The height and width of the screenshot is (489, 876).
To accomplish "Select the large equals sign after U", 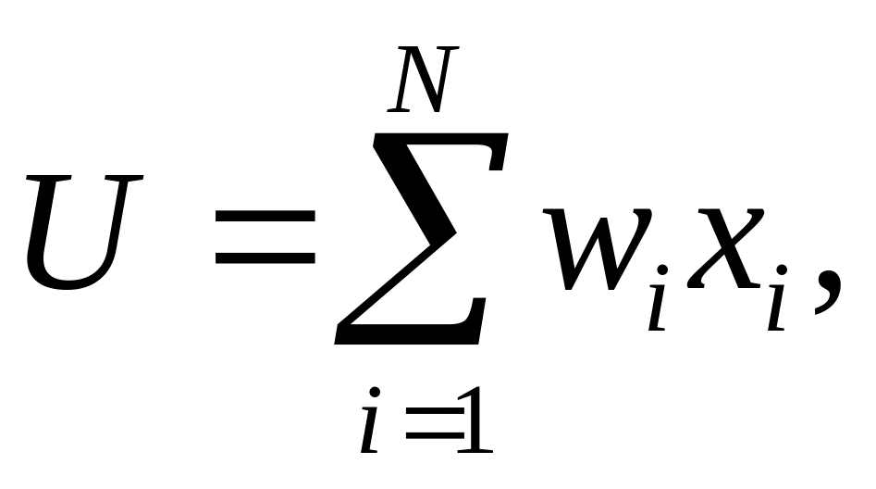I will coord(265,237).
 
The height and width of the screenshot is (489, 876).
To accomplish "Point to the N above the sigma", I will coord(421,81).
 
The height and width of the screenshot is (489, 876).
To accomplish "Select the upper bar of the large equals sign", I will coord(265,215).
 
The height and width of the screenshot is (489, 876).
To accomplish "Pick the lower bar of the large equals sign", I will coord(265,258).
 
